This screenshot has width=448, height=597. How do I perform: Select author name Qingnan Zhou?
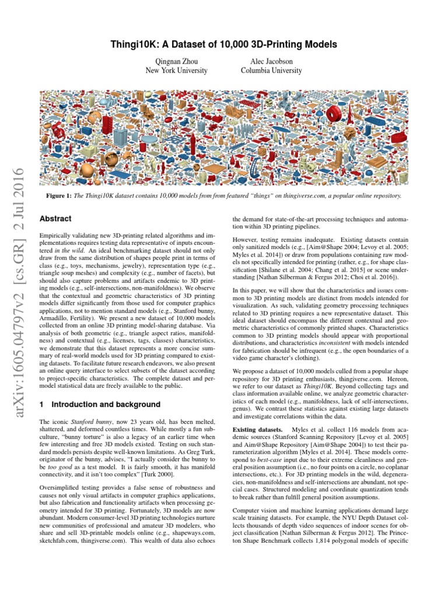pyautogui.click(x=176, y=61)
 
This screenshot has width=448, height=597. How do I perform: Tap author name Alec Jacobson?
pyautogui.click(x=271, y=61)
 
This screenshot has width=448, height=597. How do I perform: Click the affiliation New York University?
pyautogui.click(x=176, y=71)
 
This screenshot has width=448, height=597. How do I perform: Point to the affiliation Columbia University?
pyautogui.click(x=271, y=71)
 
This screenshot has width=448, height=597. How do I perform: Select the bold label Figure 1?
pyautogui.click(x=60, y=196)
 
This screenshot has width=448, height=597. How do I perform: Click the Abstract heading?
pyautogui.click(x=55, y=219)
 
